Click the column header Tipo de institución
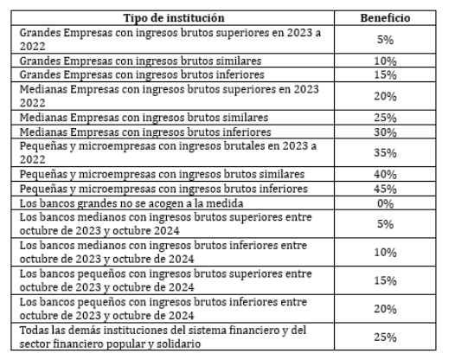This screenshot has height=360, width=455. [x=174, y=18]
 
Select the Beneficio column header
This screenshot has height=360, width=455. [x=385, y=18]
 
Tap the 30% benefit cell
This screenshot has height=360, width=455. [x=385, y=132]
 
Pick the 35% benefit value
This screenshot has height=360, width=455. [x=385, y=152]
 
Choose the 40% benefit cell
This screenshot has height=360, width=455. [x=385, y=174]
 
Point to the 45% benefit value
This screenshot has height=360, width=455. [x=385, y=189]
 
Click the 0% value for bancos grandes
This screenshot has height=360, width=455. [x=385, y=203]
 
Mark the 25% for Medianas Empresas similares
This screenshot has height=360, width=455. [x=385, y=118]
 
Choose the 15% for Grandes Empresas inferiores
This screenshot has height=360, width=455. [x=385, y=75]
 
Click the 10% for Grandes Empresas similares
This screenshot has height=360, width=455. [x=385, y=61]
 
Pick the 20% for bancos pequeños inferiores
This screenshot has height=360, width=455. [x=385, y=309]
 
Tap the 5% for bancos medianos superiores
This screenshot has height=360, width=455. [x=385, y=224]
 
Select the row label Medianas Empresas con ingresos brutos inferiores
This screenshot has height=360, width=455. [x=145, y=132]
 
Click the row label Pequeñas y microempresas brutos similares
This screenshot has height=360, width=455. [x=163, y=174]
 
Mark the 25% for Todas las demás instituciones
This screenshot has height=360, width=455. [x=385, y=337]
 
